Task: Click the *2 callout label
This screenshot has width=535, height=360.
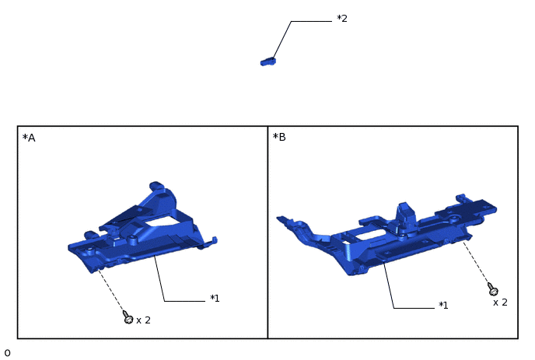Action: click(x=342, y=19)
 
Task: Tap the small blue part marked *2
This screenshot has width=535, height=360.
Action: click(x=268, y=61)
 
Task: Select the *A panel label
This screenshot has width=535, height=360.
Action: click(x=29, y=138)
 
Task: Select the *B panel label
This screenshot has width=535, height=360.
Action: click(x=279, y=137)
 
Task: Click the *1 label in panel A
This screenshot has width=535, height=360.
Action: click(x=215, y=299)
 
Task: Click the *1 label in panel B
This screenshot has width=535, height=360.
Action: click(x=443, y=305)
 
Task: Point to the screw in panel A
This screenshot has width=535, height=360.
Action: click(x=128, y=317)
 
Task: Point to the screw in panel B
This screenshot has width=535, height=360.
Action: click(x=492, y=289)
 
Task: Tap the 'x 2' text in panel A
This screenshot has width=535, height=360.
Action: click(x=143, y=320)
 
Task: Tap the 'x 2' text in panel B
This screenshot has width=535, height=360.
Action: click(x=500, y=302)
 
